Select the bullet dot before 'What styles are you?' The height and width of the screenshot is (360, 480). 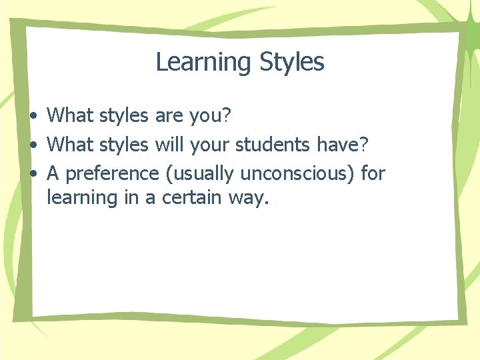(x=33, y=116)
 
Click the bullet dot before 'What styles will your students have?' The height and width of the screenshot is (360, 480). (x=33, y=144)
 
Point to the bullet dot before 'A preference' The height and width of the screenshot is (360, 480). (x=33, y=174)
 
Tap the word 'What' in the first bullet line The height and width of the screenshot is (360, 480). (x=71, y=115)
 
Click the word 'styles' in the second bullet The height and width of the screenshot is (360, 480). (x=125, y=144)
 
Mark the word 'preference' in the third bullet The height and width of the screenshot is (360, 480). (x=113, y=174)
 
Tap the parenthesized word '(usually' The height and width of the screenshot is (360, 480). (x=199, y=174)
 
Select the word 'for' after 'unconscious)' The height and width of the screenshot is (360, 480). (x=373, y=173)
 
